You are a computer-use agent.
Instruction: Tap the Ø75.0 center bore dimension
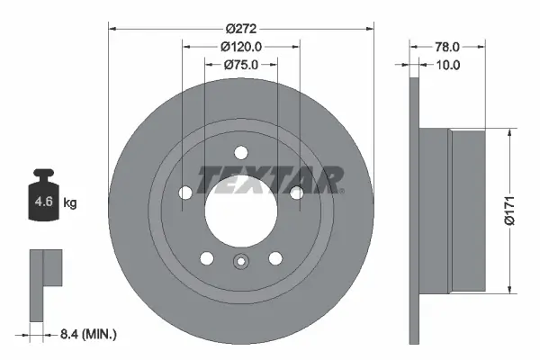pos(240,64)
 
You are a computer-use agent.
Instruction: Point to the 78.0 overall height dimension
pos(447,46)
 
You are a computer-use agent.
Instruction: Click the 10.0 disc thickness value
pos(447,65)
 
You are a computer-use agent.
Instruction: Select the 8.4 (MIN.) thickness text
pos(86,335)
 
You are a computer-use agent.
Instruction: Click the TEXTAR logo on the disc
pos(270,180)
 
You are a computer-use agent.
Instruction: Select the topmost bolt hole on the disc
pos(240,152)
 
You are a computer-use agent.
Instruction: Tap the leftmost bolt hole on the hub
pos(184,193)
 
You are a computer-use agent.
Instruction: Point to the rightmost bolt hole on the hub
pos(296,190)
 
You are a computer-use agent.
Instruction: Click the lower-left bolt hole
pos(206,258)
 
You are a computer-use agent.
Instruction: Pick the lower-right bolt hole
pos(275,258)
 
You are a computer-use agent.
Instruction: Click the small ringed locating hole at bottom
pos(240,263)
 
